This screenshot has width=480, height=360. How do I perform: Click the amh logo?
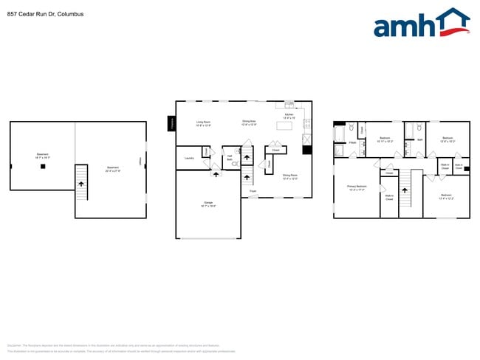click(x=421, y=24)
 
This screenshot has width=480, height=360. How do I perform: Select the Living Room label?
click(x=203, y=123)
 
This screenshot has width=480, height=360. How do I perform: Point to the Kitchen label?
click(x=289, y=116)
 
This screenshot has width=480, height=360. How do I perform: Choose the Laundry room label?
click(x=188, y=157)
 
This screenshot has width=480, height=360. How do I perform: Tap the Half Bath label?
click(x=230, y=157)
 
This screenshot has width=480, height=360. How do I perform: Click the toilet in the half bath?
click(x=234, y=164)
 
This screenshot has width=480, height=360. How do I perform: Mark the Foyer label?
click(x=253, y=191)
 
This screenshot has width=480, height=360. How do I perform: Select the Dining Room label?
click(x=289, y=177)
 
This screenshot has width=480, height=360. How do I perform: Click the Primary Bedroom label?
click(x=357, y=188)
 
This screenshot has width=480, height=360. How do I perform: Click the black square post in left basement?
click(x=43, y=167)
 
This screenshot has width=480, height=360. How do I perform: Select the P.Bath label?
click(x=354, y=142)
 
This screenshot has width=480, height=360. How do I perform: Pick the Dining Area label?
click(x=249, y=122)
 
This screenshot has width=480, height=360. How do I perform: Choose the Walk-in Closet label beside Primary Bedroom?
click(x=388, y=198)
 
